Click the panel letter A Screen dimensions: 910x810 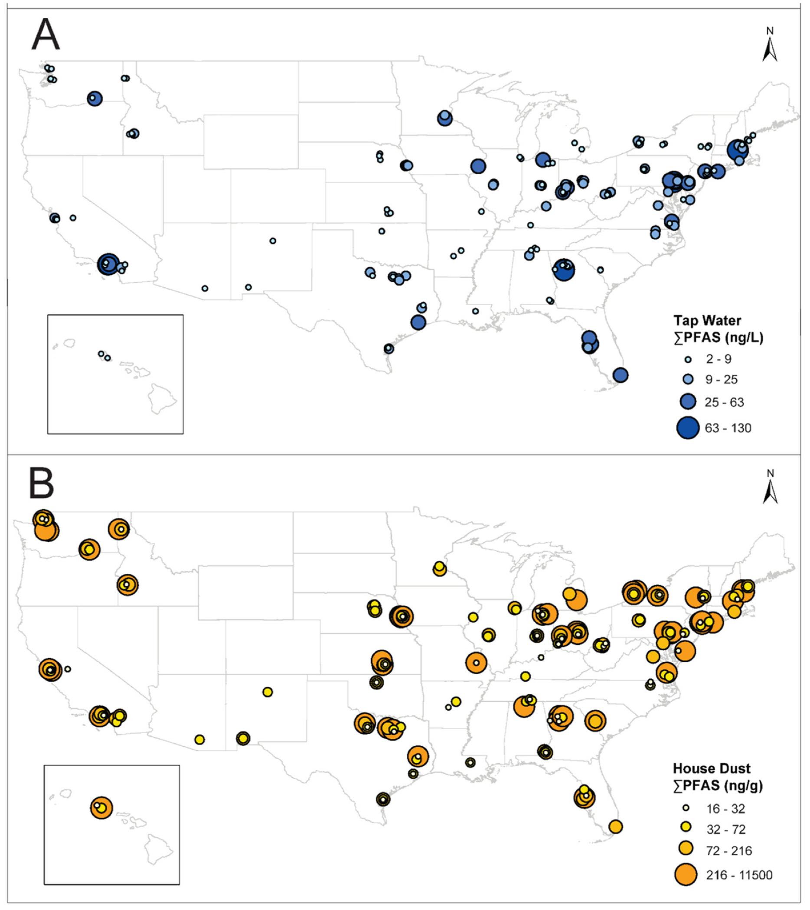pyautogui.click(x=46, y=36)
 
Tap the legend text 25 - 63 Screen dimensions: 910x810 pyautogui.click(x=724, y=403)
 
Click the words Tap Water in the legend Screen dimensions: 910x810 pyautogui.click(x=708, y=321)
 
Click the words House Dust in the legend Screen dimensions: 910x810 pyautogui.click(x=711, y=769)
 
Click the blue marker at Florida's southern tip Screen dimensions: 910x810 pyautogui.click(x=621, y=375)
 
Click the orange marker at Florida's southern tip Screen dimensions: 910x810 pyautogui.click(x=615, y=827)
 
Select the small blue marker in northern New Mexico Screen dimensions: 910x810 pyautogui.click(x=273, y=241)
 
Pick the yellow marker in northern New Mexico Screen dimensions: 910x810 pyautogui.click(x=268, y=692)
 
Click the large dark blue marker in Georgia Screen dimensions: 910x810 pyautogui.click(x=564, y=270)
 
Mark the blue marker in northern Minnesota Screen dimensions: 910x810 pyautogui.click(x=444, y=118)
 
